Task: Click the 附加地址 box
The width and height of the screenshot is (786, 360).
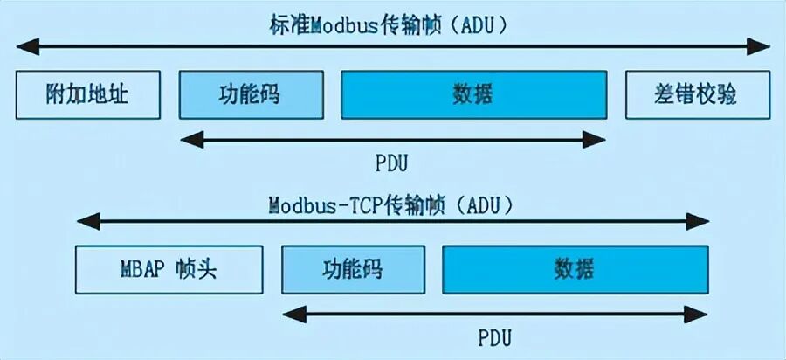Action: (x=87, y=94)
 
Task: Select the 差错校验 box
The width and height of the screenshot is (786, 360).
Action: (x=698, y=94)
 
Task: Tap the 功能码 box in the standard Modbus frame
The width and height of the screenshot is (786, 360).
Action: (x=252, y=94)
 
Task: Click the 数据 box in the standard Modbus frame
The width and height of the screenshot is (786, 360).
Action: (x=473, y=94)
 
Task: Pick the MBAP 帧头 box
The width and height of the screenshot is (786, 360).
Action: (x=169, y=269)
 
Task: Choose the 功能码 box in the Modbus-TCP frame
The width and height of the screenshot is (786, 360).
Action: (x=354, y=269)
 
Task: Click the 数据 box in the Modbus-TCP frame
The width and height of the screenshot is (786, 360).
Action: (x=576, y=269)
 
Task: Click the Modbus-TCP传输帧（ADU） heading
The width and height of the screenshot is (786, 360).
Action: (x=392, y=206)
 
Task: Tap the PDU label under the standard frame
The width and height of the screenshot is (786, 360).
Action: (x=392, y=164)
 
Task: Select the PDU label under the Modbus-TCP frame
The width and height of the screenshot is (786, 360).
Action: (x=495, y=337)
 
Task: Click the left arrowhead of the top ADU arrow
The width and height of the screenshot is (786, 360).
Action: (x=28, y=46)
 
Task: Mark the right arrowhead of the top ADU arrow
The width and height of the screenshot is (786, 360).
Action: (x=758, y=46)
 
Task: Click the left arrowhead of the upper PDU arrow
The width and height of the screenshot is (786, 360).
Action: (x=192, y=140)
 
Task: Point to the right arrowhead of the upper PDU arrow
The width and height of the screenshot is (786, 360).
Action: (x=594, y=140)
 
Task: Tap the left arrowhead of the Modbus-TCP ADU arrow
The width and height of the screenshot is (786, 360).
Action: (x=89, y=221)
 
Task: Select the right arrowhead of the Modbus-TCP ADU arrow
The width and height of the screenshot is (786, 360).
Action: (x=697, y=221)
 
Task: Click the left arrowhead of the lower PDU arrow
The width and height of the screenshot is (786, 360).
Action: (x=295, y=315)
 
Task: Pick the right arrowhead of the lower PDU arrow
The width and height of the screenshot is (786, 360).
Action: (x=696, y=315)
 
